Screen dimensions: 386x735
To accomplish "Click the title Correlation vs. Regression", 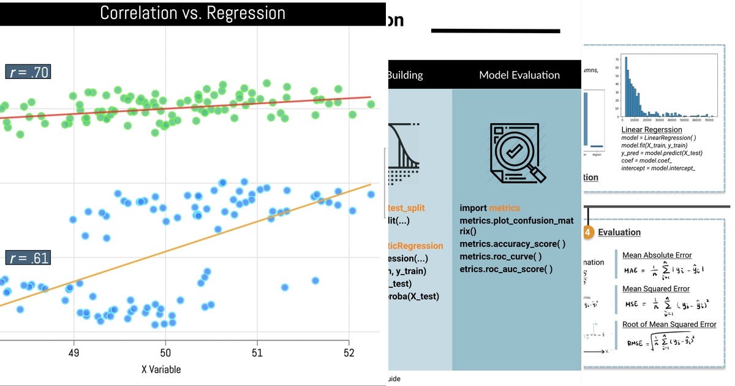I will tap(192, 13).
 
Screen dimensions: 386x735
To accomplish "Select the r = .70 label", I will tap(28, 72).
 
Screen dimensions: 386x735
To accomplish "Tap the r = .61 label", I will tap(28, 258).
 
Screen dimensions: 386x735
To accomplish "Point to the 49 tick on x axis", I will tap(74, 353).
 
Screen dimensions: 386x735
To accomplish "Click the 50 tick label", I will tap(165, 353).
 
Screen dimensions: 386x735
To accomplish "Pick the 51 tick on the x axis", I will tap(257, 353).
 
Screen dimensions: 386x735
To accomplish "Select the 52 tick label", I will tap(349, 353).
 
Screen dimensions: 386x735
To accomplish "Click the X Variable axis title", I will tap(161, 369).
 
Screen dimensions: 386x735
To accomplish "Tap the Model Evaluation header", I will tap(519, 75).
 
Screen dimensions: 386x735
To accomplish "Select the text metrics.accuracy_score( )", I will tap(513, 244).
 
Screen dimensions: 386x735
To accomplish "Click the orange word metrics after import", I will tap(504, 208).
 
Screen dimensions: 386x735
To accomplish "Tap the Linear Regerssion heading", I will tap(651, 130).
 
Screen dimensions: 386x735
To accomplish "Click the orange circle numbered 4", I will tap(588, 232).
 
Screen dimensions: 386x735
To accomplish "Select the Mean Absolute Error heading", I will tap(657, 255).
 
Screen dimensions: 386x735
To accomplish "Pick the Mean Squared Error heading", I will tap(655, 289).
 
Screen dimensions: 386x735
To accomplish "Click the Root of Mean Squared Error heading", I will tap(669, 324).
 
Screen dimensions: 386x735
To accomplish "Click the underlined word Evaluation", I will tap(619, 232).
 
